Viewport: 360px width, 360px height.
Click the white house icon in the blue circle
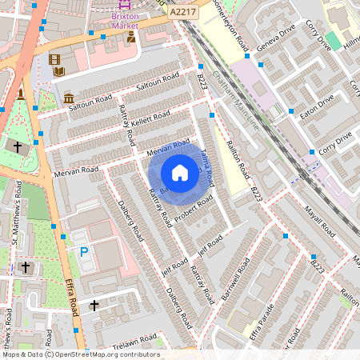180,173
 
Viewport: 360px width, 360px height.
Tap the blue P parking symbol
84,252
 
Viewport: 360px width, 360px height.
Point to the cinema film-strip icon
54,59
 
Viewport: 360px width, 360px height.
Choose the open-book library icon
59,72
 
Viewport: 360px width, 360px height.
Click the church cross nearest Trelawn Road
94,305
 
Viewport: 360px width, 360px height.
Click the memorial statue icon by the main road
21,94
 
